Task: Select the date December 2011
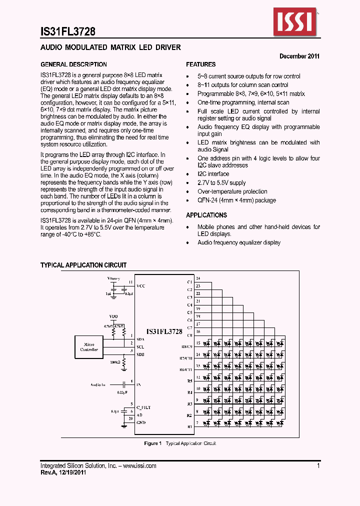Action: pyautogui.click(x=299, y=56)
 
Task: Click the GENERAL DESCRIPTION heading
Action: pyautogui.click(x=73, y=64)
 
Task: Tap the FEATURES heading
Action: pyautogui.click(x=201, y=64)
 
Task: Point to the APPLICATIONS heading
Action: pyautogui.click(x=206, y=215)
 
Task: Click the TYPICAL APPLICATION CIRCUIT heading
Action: pyautogui.click(x=83, y=265)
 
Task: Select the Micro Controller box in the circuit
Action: pyautogui.click(x=89, y=347)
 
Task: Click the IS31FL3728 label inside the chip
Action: pyautogui.click(x=164, y=331)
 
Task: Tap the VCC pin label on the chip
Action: pyautogui.click(x=141, y=286)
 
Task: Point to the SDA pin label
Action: pyautogui.click(x=140, y=339)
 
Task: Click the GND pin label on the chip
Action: pyautogui.click(x=141, y=422)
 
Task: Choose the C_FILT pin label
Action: pyautogui.click(x=143, y=407)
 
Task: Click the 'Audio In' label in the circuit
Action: pyautogui.click(x=98, y=384)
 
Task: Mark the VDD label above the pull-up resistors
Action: pyautogui.click(x=114, y=317)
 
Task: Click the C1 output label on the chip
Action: pyautogui.click(x=189, y=282)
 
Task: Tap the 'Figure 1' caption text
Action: pyautogui.click(x=152, y=443)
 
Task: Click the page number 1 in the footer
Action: pyautogui.click(x=318, y=465)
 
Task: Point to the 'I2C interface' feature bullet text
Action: pyautogui.click(x=213, y=174)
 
